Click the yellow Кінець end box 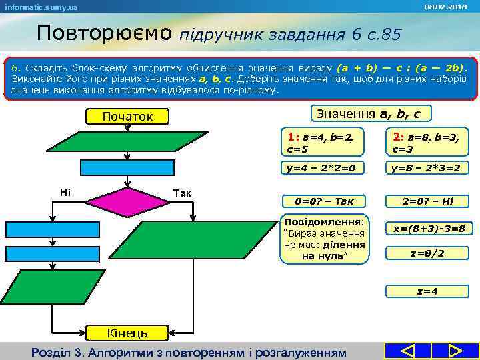click(118, 333)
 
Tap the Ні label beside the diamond click(65, 193)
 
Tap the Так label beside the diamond click(182, 193)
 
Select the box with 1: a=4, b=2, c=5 click(323, 141)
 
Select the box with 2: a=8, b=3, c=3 click(427, 141)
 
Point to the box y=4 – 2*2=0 click(323, 168)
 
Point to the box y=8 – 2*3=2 click(427, 168)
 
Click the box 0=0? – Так click(323, 201)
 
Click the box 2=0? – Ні click(427, 201)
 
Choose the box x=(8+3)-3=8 click(429, 228)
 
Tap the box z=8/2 click(427, 253)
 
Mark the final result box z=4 click(427, 291)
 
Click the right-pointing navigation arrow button click(455, 351)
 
